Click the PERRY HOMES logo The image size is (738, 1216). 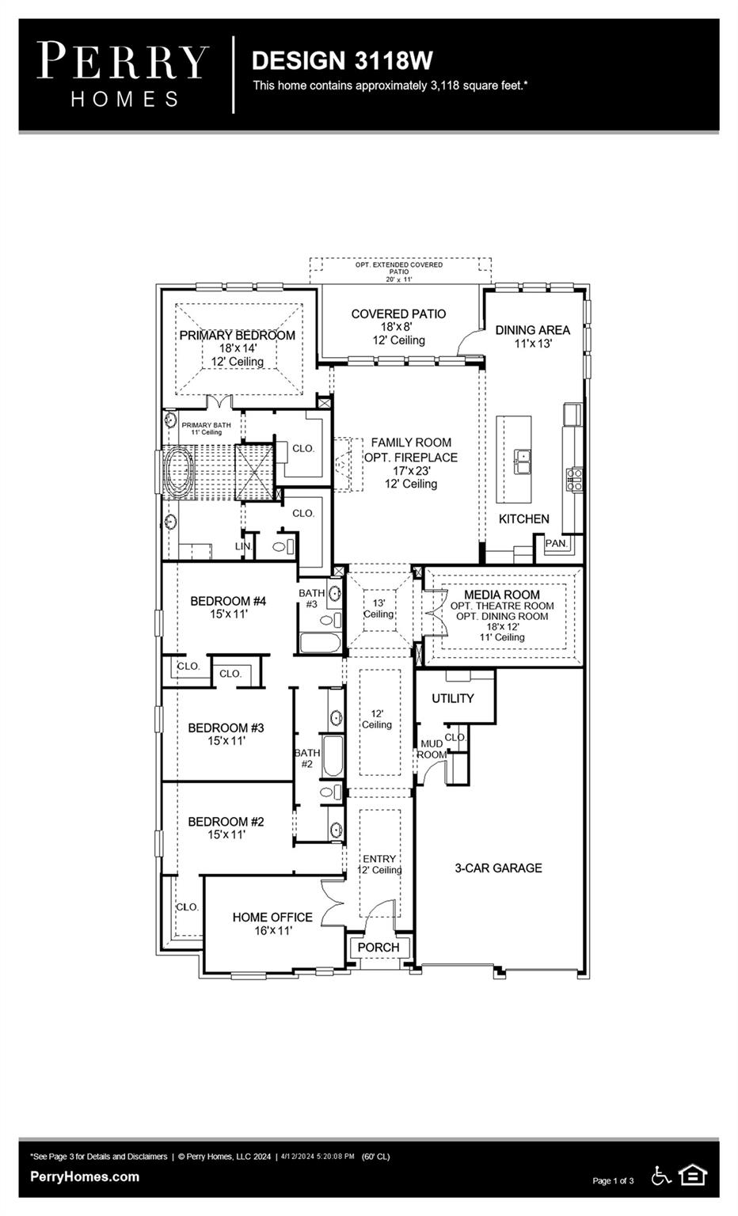[x=123, y=74]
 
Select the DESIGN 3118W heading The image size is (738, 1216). [x=342, y=60]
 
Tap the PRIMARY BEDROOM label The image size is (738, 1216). [x=237, y=335]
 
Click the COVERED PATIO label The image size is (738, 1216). [x=398, y=314]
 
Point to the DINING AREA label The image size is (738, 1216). [x=532, y=330]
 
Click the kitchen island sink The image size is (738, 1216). [x=522, y=460]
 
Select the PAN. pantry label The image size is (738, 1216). [x=556, y=544]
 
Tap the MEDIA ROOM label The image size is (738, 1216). [x=502, y=594]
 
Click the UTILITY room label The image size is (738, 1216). [x=452, y=698]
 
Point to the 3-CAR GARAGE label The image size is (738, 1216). [x=498, y=868]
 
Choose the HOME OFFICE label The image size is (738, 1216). [x=272, y=917]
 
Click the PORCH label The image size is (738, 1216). [x=379, y=947]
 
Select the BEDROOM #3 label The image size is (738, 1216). [x=226, y=728]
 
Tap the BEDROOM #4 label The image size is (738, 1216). [x=228, y=601]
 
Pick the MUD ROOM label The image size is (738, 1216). [x=432, y=749]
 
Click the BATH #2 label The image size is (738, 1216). [x=307, y=758]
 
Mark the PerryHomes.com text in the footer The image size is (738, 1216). [x=85, y=1176]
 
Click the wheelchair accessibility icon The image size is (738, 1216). [x=660, y=1176]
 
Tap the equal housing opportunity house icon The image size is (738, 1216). [x=693, y=1176]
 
